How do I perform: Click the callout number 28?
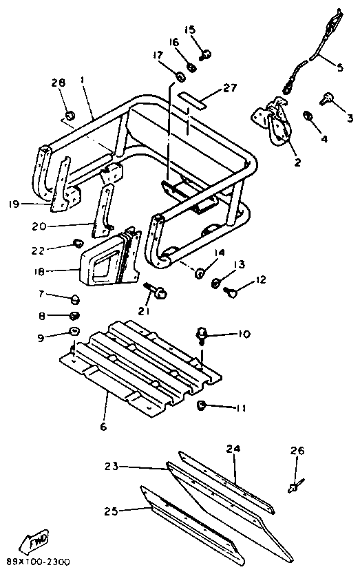point(59,83)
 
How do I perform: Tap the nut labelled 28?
point(70,116)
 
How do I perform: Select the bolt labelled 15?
point(206,55)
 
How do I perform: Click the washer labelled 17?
point(181,77)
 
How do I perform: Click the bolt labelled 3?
point(327,98)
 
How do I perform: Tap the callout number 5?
point(340,67)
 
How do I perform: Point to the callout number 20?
point(39,226)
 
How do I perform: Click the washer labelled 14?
point(200,273)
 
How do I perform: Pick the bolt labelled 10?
point(202,335)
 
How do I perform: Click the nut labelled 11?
point(201,405)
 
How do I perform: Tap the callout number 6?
point(104,426)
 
